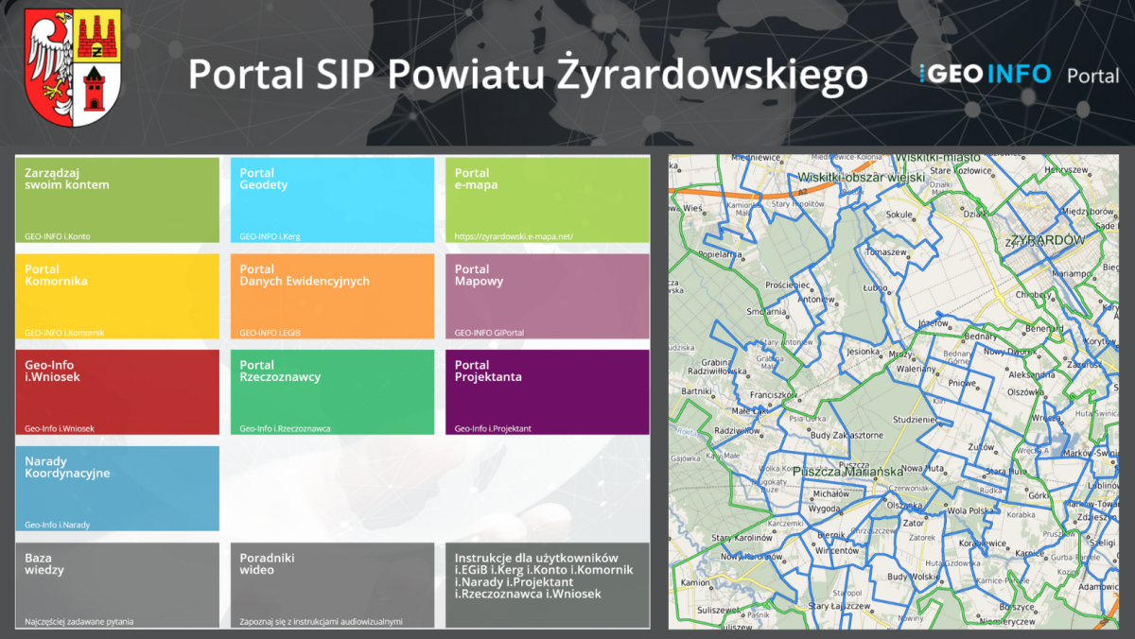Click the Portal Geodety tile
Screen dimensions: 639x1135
332,199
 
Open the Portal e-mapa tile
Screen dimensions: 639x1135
547,199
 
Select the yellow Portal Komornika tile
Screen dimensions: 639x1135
117,296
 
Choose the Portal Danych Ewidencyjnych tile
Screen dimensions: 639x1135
332,296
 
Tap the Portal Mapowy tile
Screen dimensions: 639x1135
547,296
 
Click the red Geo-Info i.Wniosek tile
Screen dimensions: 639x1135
117,392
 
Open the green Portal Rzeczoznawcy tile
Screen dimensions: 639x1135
332,392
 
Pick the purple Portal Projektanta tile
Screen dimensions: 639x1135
547,392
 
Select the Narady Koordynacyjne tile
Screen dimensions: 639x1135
117,489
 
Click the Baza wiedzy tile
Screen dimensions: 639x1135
117,585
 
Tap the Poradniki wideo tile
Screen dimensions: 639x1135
332,585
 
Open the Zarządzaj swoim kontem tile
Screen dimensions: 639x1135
117,199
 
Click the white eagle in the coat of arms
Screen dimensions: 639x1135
47,61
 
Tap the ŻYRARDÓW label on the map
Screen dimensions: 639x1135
1046,240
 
